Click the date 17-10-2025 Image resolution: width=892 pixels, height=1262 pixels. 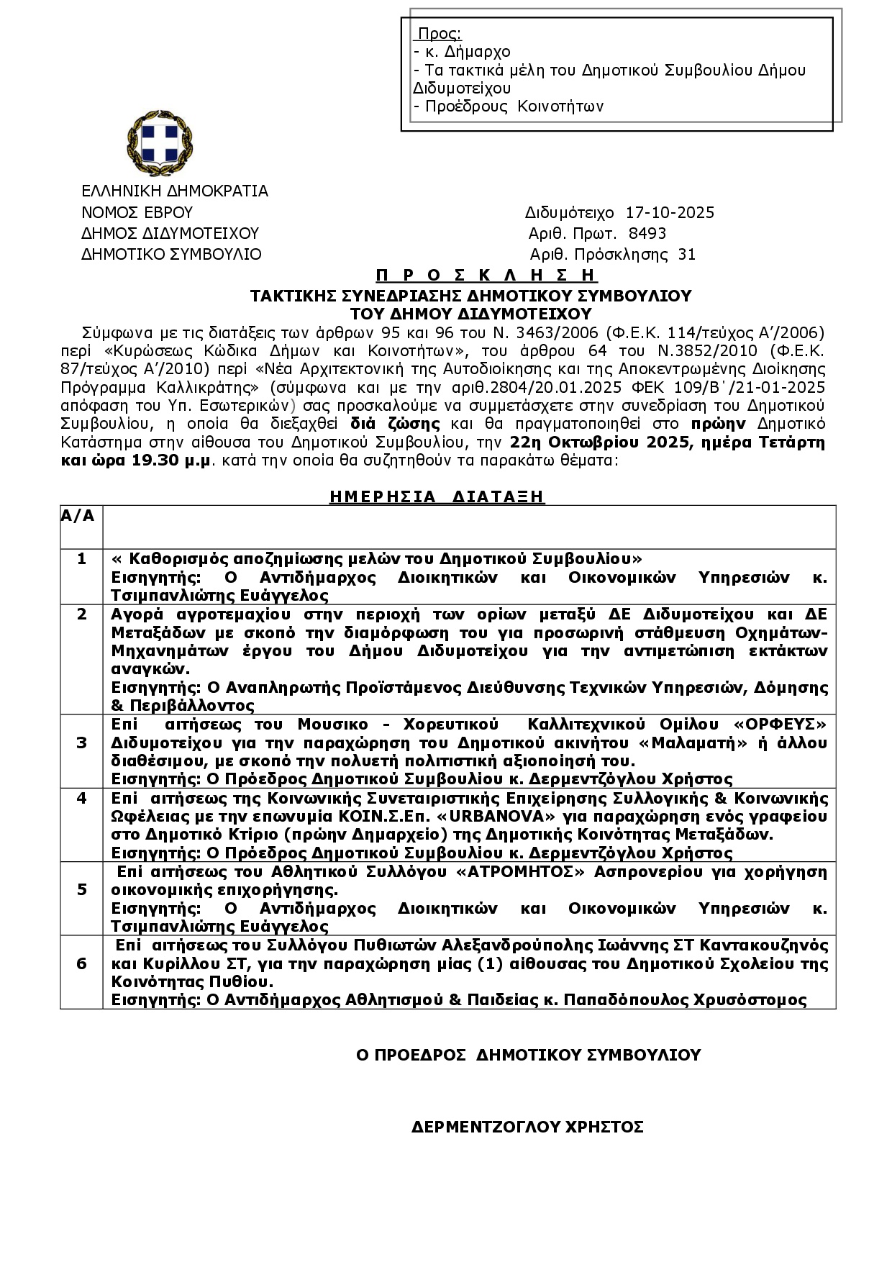coord(670,213)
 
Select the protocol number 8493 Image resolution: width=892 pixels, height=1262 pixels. coord(647,234)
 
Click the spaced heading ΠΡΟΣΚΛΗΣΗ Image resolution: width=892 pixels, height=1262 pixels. coord(486,276)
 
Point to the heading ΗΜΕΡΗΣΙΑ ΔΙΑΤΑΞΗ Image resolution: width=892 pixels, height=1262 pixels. coord(437,496)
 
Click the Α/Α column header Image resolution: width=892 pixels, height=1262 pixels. coord(78,516)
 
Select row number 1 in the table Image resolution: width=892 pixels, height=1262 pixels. coord(81,559)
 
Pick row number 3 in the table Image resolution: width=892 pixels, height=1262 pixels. coord(81,743)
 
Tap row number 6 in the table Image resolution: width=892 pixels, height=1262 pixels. coord(81,963)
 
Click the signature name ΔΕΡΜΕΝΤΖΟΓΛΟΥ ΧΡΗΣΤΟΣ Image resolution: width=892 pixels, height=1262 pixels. coord(527,1127)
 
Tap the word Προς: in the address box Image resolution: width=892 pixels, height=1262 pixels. coord(440,34)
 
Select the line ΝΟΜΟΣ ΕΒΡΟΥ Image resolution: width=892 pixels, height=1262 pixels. coord(137,213)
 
